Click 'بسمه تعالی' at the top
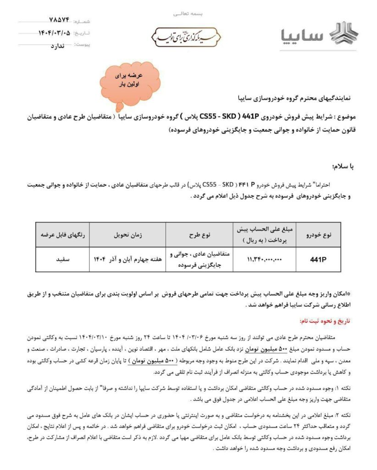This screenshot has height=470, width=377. pos(189,14)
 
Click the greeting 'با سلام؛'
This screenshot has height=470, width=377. pos(340,166)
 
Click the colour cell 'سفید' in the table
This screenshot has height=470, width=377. pos(62,259)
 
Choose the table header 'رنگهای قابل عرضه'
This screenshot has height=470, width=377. pos(62,235)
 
